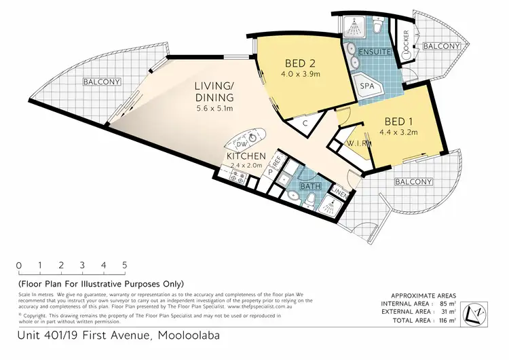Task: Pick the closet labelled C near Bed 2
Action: pos(305,124)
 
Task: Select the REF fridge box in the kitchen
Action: pos(277,162)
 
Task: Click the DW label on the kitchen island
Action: pos(241,145)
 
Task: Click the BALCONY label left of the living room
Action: pos(102,82)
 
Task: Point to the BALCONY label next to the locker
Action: pos(441,46)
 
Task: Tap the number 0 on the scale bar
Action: pos(19,265)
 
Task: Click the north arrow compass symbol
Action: pos(476,313)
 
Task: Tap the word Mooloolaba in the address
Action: pos(188,336)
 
